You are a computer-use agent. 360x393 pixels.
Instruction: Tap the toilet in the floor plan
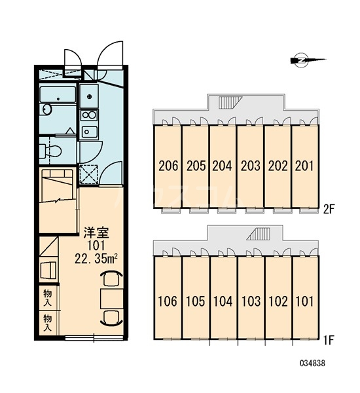click(x=51, y=151)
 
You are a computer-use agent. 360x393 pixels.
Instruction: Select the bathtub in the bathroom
click(x=58, y=95)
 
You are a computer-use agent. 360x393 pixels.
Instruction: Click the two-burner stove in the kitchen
click(x=89, y=115)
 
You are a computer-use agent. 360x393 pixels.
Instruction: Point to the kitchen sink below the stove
click(x=89, y=132)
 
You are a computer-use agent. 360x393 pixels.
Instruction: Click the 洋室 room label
click(x=97, y=233)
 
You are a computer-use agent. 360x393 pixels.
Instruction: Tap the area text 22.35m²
click(x=96, y=259)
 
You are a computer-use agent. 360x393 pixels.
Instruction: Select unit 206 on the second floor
click(x=168, y=166)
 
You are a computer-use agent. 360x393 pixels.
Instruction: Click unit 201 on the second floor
click(x=304, y=166)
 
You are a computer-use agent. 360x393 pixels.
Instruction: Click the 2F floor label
click(x=329, y=210)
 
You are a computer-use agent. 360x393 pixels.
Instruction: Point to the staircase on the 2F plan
click(x=230, y=103)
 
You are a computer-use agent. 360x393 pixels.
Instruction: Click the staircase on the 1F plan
click(x=259, y=234)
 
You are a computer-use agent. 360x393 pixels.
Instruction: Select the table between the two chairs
click(x=112, y=299)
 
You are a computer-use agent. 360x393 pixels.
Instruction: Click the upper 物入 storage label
click(x=48, y=297)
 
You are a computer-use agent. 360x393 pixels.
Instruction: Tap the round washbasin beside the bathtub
click(x=46, y=109)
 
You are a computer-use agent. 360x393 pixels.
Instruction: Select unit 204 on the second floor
click(x=222, y=166)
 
